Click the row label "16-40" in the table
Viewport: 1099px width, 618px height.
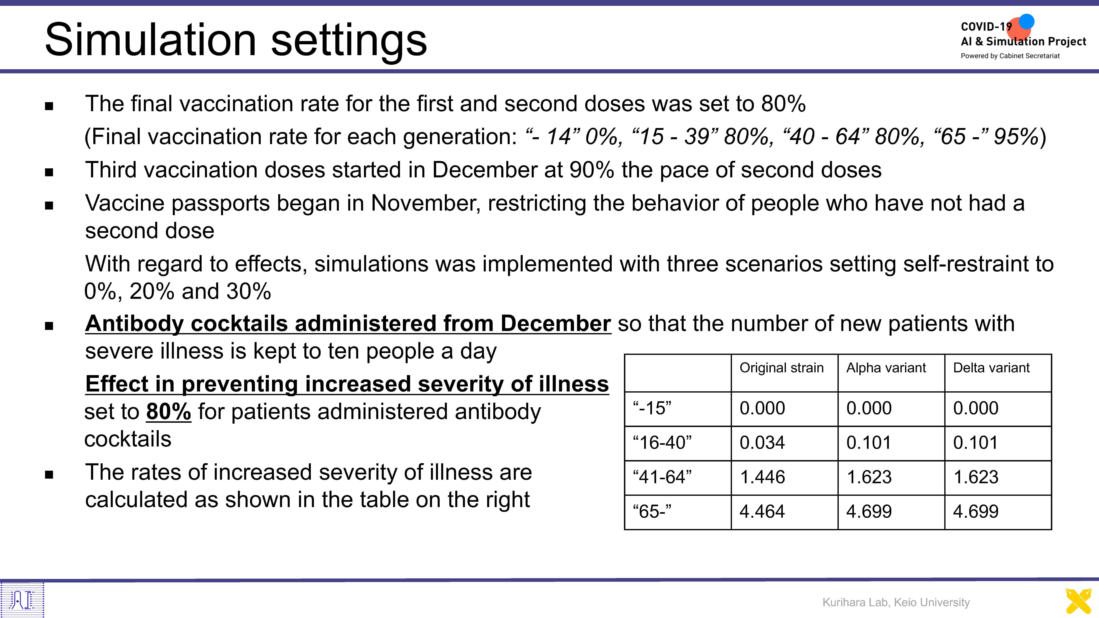[662, 443]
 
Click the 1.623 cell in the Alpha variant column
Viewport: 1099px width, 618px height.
[869, 477]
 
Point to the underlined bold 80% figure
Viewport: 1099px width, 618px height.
[169, 412]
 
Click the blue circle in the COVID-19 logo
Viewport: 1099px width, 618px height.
[1027, 21]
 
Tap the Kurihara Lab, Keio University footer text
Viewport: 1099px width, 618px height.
[896, 602]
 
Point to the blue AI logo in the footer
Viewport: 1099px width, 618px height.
[22, 600]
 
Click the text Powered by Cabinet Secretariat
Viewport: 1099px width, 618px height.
[1010, 56]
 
